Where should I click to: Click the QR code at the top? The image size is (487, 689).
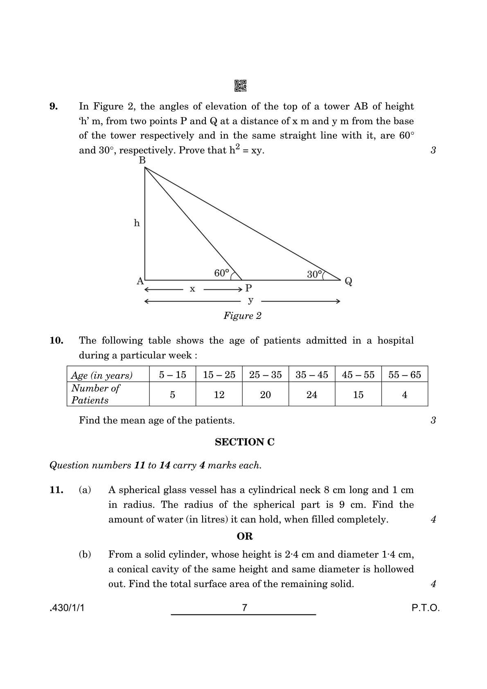240,86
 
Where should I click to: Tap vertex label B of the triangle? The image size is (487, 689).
142,160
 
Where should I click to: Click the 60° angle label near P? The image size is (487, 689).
221,273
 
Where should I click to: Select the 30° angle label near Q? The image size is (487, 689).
314,274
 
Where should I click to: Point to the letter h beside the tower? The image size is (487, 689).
137,223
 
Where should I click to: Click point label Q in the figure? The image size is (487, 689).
348,281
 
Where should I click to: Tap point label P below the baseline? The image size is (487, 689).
248,288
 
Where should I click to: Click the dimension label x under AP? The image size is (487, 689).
192,289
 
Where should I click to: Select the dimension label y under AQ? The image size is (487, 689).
251,300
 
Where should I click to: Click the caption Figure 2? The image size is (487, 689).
242,316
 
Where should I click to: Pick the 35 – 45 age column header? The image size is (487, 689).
312,375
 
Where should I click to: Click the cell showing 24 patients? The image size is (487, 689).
312,395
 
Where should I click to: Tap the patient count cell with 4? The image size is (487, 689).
404,395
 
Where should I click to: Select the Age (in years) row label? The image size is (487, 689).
102,375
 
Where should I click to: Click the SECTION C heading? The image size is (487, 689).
245,442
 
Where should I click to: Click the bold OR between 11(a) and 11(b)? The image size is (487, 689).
245,536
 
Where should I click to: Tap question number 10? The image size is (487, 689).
56,341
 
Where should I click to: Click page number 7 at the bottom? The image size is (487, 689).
245,608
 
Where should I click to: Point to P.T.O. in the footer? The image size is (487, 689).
426,608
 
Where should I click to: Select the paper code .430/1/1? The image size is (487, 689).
67,608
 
